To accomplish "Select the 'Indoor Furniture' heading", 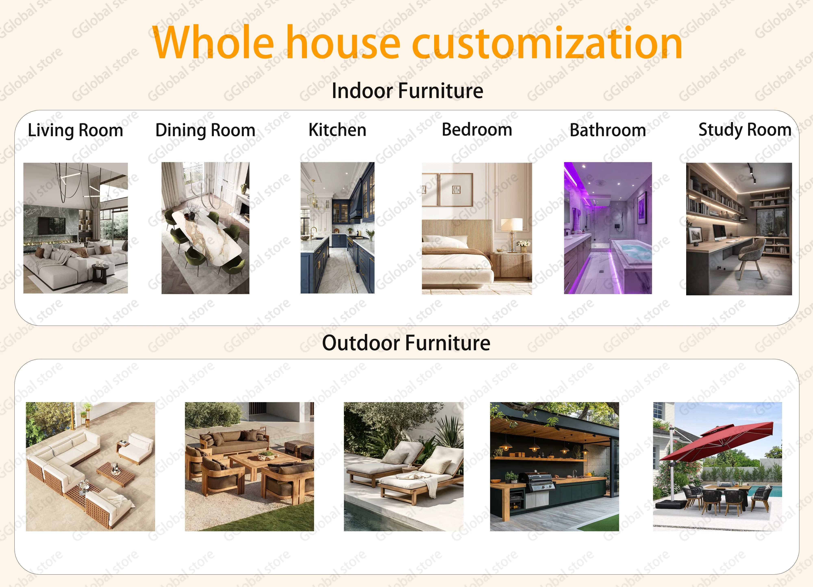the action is [x=407, y=91].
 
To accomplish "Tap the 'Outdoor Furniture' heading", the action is [x=406, y=343].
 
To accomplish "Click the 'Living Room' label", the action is [x=76, y=130].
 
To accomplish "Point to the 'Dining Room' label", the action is [x=205, y=130].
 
